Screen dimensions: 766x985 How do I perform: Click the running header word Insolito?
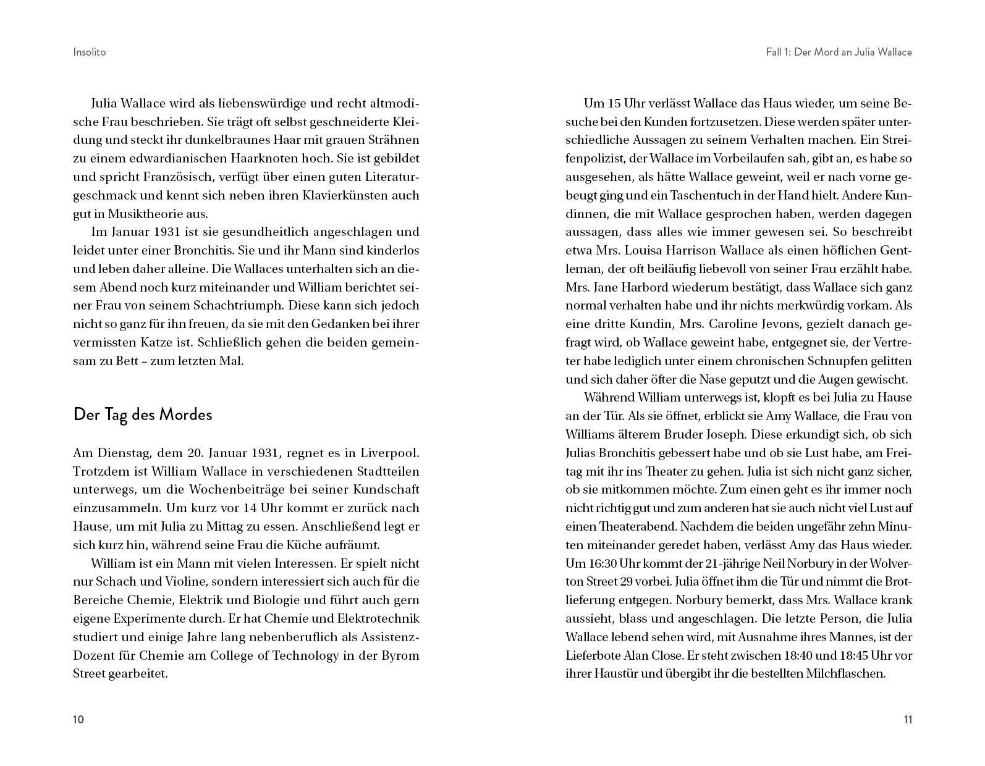pos(90,52)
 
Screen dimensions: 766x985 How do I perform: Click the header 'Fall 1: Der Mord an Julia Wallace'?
pos(839,52)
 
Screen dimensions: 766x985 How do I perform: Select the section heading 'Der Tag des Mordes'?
pos(143,414)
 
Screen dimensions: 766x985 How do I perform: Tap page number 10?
pos(78,719)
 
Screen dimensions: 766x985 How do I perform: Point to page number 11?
pos(907,719)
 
